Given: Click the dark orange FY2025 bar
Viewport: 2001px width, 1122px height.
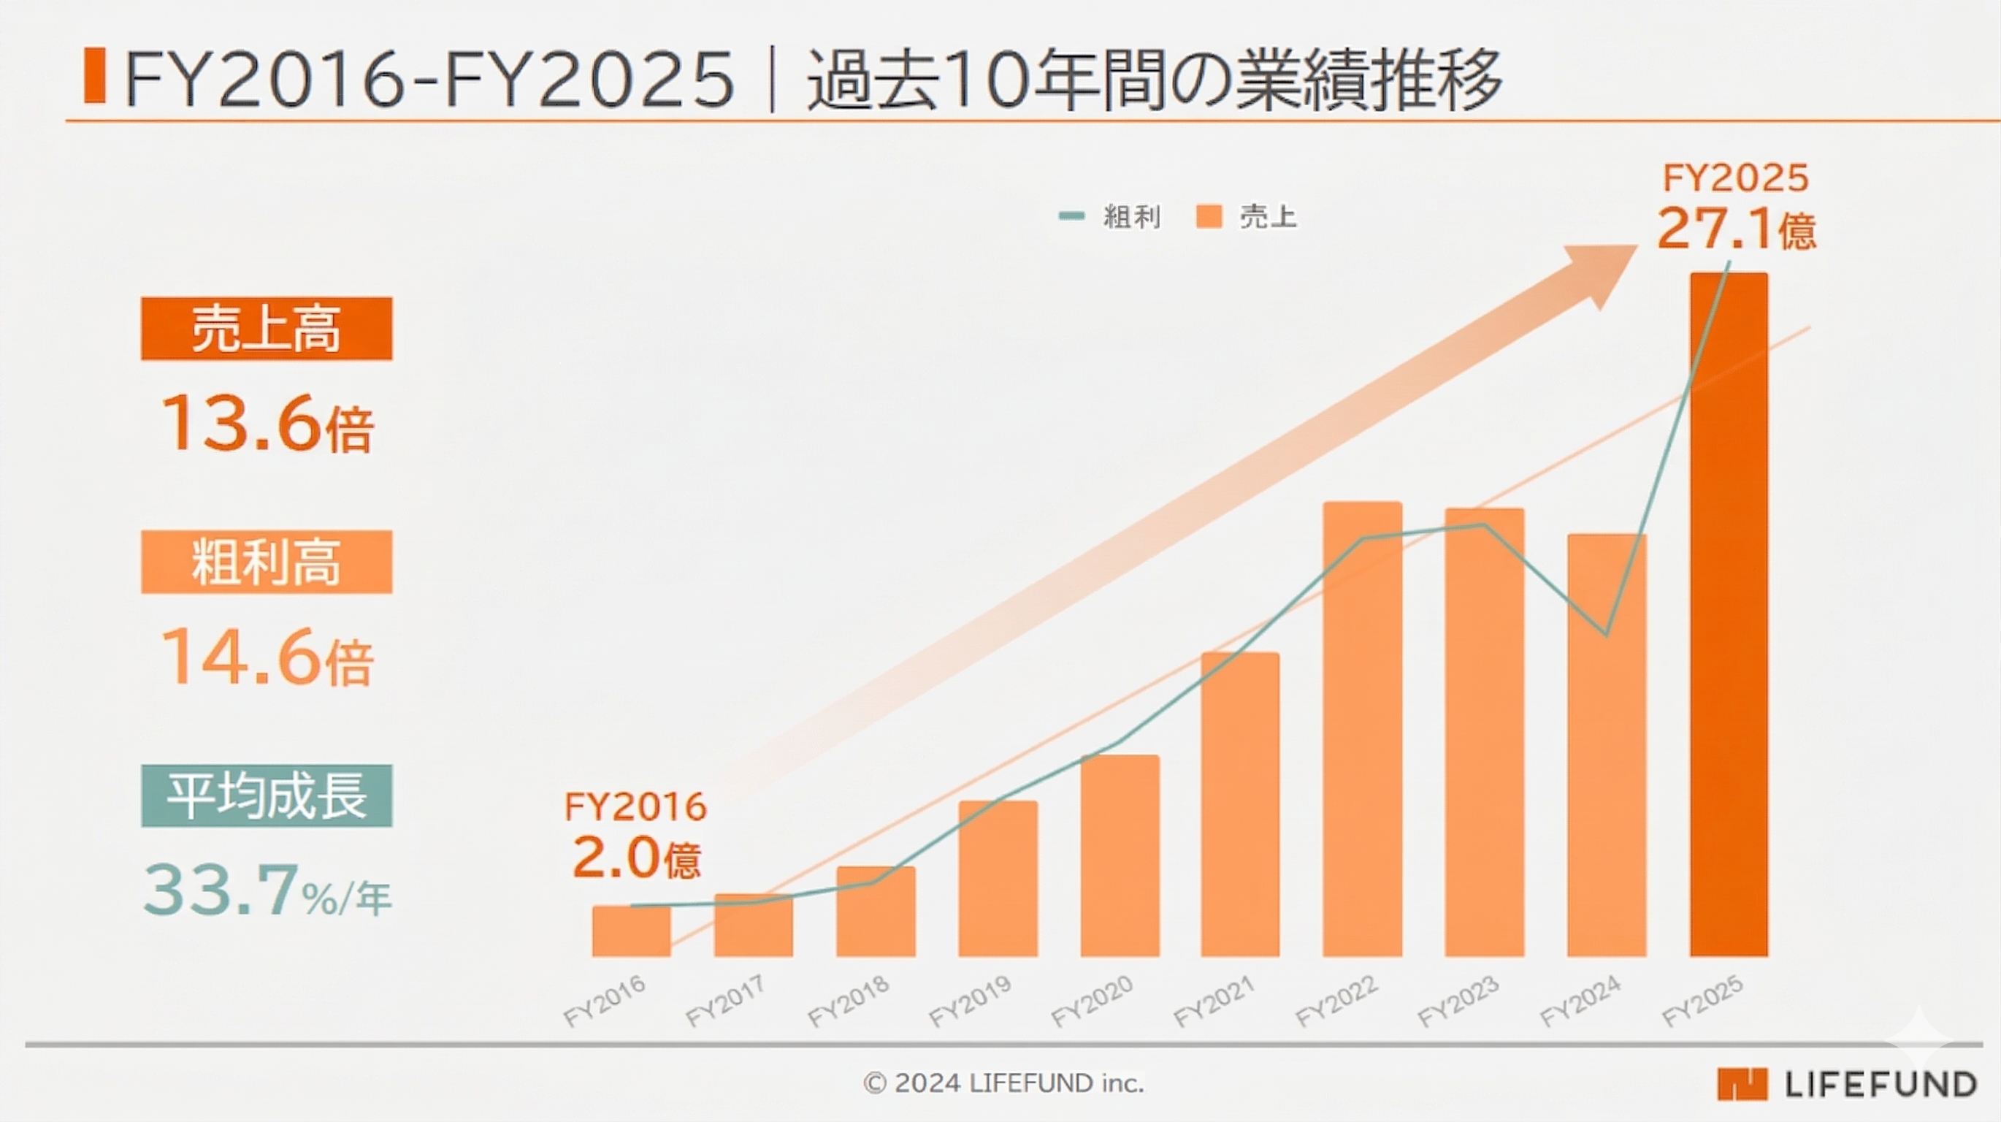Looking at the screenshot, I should [1729, 614].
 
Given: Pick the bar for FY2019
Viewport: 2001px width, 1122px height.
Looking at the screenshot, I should [998, 878].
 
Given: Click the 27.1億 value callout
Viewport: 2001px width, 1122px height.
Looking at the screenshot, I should [1735, 229].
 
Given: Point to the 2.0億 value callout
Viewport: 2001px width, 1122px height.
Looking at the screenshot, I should [636, 858].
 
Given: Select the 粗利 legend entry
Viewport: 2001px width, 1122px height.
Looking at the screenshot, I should [1111, 217].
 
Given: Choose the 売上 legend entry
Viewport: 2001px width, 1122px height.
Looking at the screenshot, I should [1247, 217].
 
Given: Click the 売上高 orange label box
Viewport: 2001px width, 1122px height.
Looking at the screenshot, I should [267, 329].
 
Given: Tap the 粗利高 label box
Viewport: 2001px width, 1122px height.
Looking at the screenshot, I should [267, 562].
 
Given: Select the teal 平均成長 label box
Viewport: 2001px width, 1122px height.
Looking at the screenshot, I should [267, 795].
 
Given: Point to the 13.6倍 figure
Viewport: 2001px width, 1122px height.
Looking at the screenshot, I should [267, 424].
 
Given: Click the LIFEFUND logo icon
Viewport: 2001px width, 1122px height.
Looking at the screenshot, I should [1742, 1084].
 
